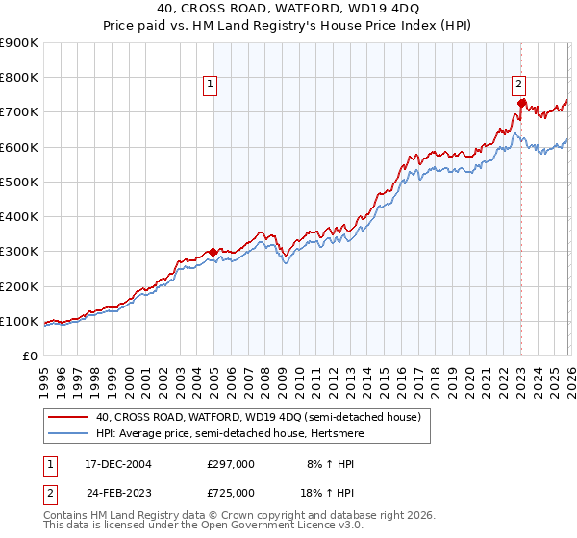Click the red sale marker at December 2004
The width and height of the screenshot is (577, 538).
click(x=213, y=252)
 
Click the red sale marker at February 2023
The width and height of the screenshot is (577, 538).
click(x=520, y=103)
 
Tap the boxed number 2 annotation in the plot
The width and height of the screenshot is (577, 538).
click(x=518, y=84)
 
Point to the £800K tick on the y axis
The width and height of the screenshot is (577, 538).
click(x=19, y=78)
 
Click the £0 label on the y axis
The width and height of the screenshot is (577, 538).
click(x=31, y=356)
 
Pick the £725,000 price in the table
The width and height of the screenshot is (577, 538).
click(x=231, y=492)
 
